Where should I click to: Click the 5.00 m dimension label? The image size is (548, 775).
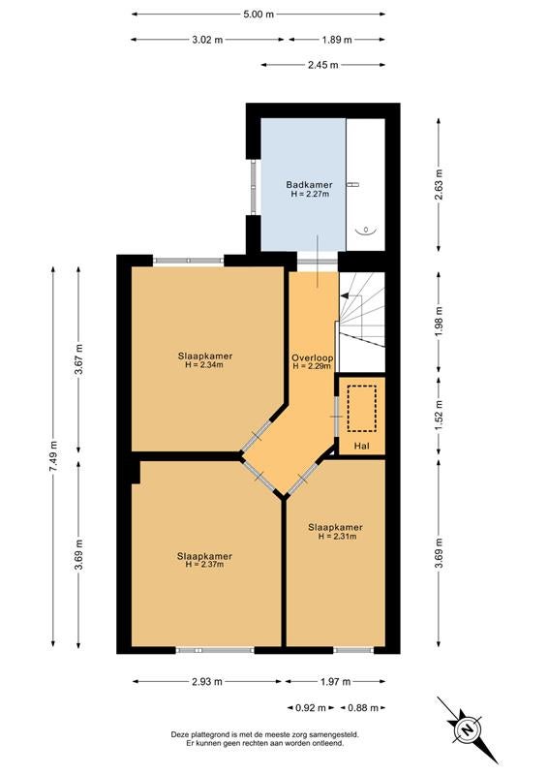click(258, 15)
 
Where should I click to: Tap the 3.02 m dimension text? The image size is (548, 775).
click(207, 40)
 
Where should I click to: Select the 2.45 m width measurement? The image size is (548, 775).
click(323, 65)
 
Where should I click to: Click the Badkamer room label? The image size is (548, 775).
click(309, 185)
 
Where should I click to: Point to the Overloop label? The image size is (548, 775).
click(313, 357)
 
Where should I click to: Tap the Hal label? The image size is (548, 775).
click(362, 446)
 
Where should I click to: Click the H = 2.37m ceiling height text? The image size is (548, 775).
click(204, 564)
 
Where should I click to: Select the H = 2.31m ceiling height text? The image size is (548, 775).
click(338, 536)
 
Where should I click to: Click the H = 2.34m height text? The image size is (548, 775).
click(204, 365)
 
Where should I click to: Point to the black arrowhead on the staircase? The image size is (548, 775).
click(345, 296)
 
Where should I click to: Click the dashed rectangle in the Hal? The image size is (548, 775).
click(362, 409)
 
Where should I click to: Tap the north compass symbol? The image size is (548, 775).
click(467, 730)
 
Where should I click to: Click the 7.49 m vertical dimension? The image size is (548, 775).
click(54, 455)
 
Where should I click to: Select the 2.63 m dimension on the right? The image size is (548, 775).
click(439, 184)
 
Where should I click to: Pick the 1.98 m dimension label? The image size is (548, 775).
click(439, 322)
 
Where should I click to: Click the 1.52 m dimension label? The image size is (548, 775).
click(439, 416)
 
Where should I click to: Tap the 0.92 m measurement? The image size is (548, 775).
click(311, 708)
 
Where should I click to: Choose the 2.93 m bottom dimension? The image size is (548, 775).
click(207, 682)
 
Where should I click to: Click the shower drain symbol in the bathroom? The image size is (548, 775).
click(366, 230)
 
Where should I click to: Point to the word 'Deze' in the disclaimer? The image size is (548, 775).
click(179, 735)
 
